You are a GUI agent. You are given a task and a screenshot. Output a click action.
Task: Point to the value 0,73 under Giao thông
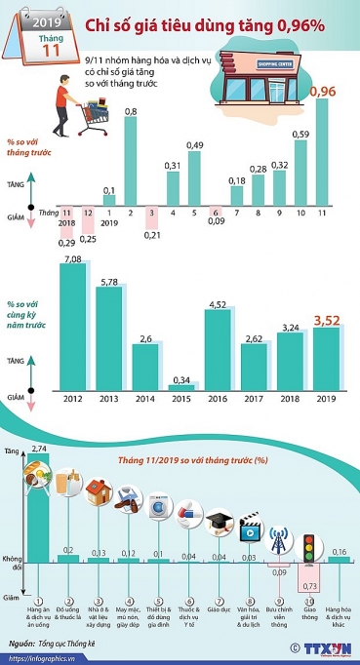point(309,584)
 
